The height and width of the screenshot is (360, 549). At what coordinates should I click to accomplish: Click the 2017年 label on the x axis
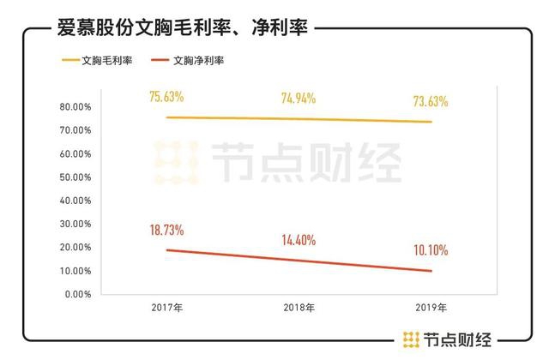[167, 307]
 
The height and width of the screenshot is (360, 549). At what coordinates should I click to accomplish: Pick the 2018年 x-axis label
[299, 307]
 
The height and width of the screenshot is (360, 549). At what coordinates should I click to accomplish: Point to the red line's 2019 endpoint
[431, 271]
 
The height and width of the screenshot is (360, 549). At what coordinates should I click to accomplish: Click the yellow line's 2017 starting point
[167, 117]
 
